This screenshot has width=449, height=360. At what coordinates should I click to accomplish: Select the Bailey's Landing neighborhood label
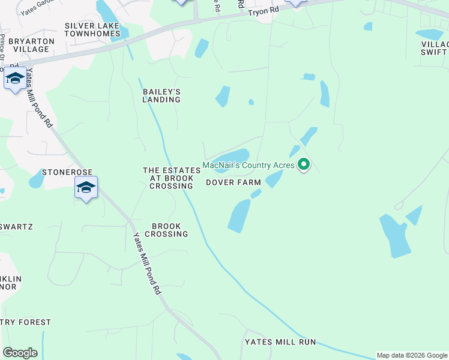click(x=161, y=95)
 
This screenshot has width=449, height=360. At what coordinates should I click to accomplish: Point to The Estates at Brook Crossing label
click(x=168, y=178)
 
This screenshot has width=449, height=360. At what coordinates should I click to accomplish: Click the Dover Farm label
click(x=234, y=182)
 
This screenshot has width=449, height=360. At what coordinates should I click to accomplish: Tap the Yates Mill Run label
click(x=280, y=342)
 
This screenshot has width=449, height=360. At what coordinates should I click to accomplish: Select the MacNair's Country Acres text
click(x=249, y=165)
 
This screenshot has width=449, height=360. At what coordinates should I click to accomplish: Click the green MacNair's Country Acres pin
click(x=304, y=163)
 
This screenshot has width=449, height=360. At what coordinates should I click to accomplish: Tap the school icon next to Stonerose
click(x=86, y=188)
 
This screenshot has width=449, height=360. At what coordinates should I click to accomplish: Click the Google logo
click(x=20, y=353)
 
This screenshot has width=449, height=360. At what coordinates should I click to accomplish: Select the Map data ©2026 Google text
click(x=412, y=355)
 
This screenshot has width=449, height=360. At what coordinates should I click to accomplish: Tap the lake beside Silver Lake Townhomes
click(x=108, y=13)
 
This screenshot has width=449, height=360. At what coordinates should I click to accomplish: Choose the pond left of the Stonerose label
click(x=36, y=178)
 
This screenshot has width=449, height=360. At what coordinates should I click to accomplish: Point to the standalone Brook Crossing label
click(x=170, y=230)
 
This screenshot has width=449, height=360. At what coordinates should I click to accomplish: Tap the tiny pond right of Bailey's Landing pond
click(x=251, y=102)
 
